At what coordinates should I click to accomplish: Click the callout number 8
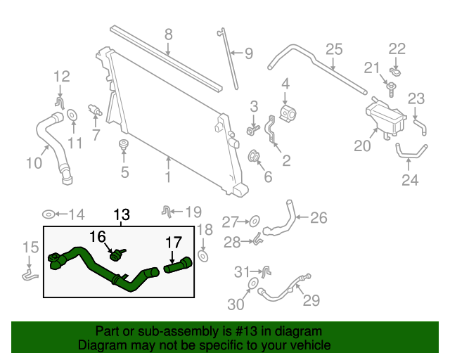(169, 34)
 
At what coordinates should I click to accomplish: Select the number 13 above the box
(122, 214)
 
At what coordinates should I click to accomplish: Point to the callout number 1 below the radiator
(168, 177)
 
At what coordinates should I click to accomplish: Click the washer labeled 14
(50, 214)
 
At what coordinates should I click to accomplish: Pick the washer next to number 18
(203, 257)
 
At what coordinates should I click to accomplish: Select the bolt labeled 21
(392, 86)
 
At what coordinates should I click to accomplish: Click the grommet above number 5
(124, 146)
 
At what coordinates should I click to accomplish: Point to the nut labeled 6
(255, 157)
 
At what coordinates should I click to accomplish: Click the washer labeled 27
(255, 221)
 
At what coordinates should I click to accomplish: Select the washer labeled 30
(252, 284)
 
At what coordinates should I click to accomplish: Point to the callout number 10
(34, 163)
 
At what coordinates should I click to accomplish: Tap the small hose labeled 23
(420, 127)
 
